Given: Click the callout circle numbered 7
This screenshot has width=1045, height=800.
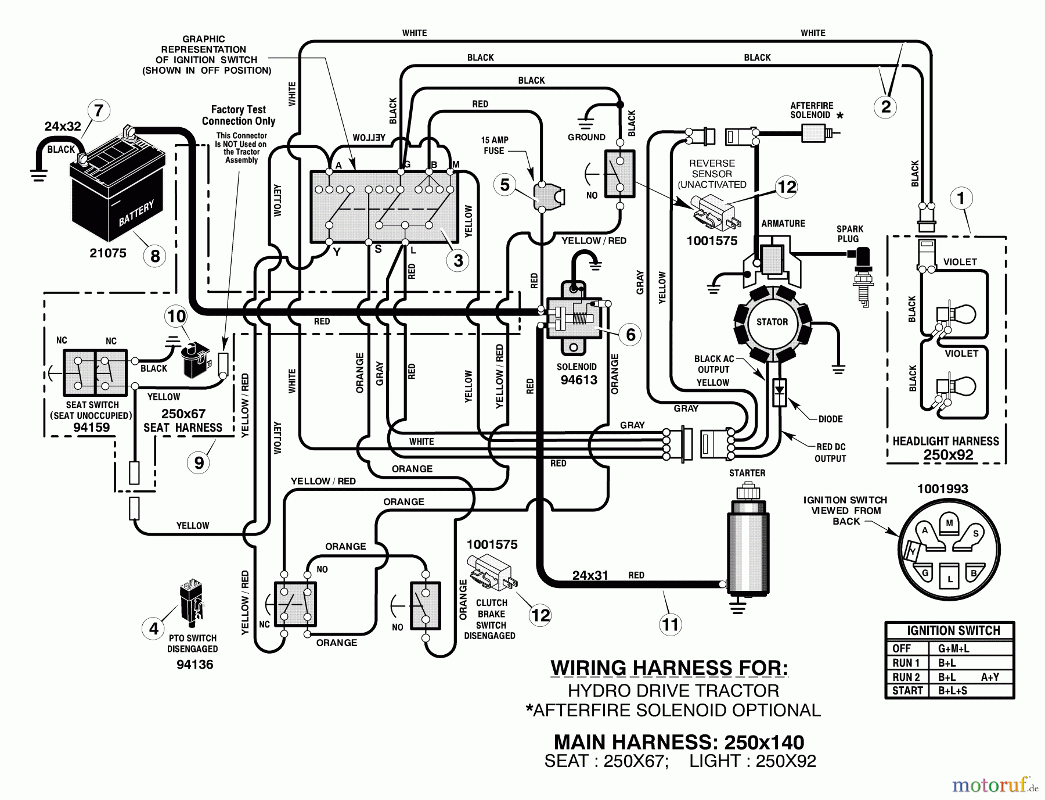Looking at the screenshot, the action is pos(98,111).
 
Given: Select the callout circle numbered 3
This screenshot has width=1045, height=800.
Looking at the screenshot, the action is pos(458,260).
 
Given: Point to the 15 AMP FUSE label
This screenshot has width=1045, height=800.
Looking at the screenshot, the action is pos(494,145).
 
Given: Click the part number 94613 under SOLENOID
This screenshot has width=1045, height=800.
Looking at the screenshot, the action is pos(579,381).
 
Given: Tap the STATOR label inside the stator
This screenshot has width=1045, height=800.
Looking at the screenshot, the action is pos(772,322).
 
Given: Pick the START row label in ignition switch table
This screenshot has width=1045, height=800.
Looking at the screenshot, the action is pos(908,691).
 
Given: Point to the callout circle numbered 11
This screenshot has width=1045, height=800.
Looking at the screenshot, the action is pos(670,625).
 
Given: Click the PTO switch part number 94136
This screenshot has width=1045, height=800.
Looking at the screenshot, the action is pos(195,665).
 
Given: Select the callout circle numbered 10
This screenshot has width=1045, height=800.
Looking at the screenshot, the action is pos(176,317).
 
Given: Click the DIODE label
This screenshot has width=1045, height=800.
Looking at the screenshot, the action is pos(830,419).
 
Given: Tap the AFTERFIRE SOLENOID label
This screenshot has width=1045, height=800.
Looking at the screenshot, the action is pos(812,110).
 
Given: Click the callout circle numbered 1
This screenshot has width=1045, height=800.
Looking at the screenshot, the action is pos(961,199).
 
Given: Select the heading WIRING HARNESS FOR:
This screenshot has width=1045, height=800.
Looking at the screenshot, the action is pos(669,668).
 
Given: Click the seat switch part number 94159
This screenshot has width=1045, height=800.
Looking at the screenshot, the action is pos(92,427).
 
